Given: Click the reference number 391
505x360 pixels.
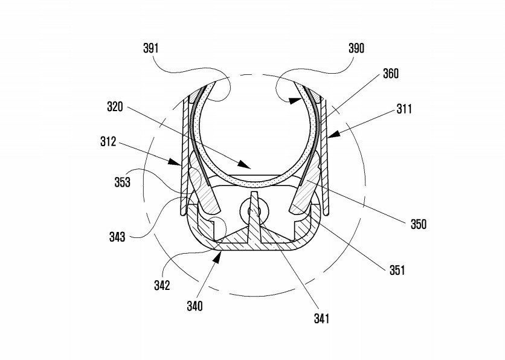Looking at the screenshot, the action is click(151, 48).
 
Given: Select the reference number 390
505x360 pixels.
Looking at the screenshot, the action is click(356, 48).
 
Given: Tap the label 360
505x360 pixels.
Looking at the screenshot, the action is click(391, 74).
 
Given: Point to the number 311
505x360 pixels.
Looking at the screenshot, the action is click(404, 109).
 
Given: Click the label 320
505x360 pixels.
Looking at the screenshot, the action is click(115, 106).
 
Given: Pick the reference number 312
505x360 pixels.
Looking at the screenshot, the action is click(108, 141).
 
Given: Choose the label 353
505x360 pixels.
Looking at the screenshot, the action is click(123, 182).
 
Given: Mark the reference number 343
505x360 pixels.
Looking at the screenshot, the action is click(117, 237).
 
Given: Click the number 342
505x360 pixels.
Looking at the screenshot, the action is click(162, 285).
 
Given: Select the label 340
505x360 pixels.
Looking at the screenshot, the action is click(195, 306).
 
